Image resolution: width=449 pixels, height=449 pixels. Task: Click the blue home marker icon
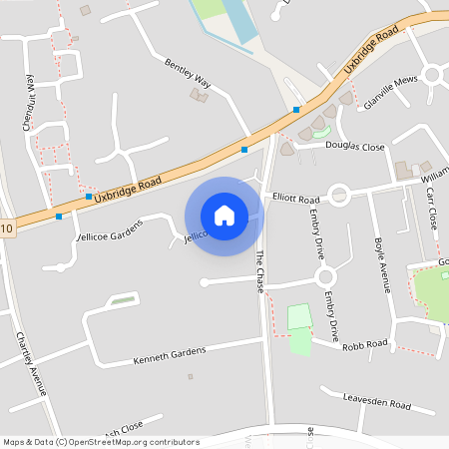click(x=224, y=215)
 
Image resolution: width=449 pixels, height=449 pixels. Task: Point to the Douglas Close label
click(x=354, y=147)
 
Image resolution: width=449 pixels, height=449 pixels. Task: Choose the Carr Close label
click(x=432, y=205)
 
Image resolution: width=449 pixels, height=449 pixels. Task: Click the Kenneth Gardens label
click(x=170, y=352)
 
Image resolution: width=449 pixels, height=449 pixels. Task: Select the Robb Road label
click(x=364, y=344)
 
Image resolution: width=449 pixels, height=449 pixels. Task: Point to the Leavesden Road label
click(x=377, y=404)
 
